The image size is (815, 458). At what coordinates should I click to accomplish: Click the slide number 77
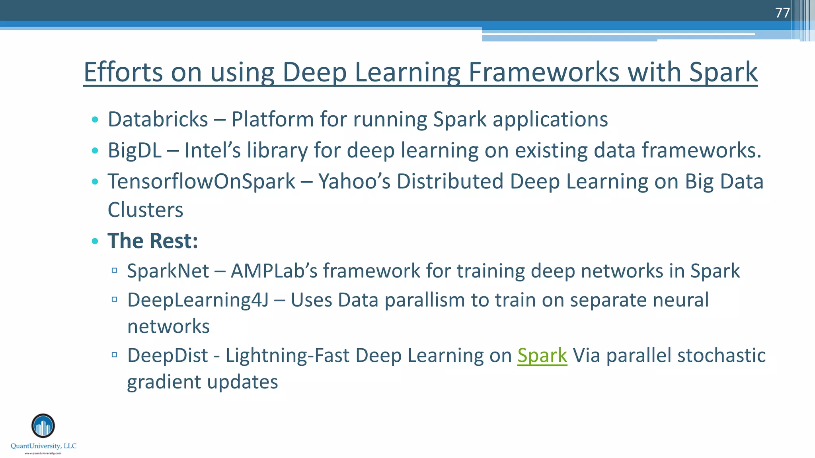782,13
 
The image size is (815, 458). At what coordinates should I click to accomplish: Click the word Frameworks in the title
544,72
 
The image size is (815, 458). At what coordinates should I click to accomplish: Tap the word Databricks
158,119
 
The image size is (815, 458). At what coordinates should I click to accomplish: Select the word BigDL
135,150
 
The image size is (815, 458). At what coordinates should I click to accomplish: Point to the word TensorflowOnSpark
201,181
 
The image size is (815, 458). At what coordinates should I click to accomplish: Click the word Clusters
145,210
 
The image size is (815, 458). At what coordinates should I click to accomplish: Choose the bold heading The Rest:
153,241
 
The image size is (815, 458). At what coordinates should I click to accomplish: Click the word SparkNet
168,271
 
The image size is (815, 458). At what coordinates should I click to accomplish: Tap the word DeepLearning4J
198,300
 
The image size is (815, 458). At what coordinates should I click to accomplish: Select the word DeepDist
168,355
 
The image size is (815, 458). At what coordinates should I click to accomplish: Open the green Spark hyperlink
542,355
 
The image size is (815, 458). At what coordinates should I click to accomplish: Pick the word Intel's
213,150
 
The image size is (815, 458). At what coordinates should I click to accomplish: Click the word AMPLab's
274,271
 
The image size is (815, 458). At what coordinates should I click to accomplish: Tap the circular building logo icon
43,426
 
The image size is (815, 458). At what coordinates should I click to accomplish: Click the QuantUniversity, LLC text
43,446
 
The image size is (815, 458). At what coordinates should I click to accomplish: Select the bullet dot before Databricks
95,119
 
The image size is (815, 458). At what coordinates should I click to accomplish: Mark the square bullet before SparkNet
114,271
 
